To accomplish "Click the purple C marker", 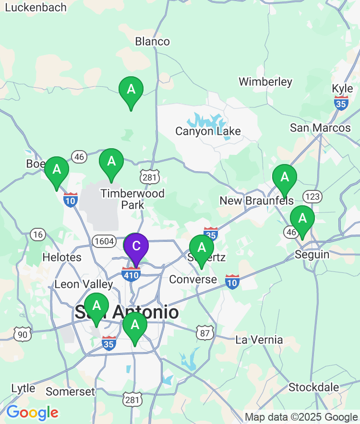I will tap(136, 247).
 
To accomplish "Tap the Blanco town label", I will tap(152, 41).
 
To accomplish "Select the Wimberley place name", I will tap(265, 82).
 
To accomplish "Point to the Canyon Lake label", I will tap(208, 131).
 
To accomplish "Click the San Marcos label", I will tap(320, 128).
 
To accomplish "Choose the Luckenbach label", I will tap(36, 7).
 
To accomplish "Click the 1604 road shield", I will tap(103, 241).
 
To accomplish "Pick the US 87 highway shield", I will tap(204, 332).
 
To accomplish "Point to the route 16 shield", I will tap(38, 235).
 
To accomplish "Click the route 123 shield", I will tap(312, 197).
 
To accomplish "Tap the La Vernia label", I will tap(259, 340).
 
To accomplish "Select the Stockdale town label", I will tap(313, 387).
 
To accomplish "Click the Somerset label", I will tap(70, 391).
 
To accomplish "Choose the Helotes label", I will tap(62, 257).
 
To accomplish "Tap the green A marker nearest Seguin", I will tap(302, 219).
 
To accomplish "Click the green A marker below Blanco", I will tap(131, 90).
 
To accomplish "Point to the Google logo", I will tap(32, 412).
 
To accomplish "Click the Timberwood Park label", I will tap(132, 199).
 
